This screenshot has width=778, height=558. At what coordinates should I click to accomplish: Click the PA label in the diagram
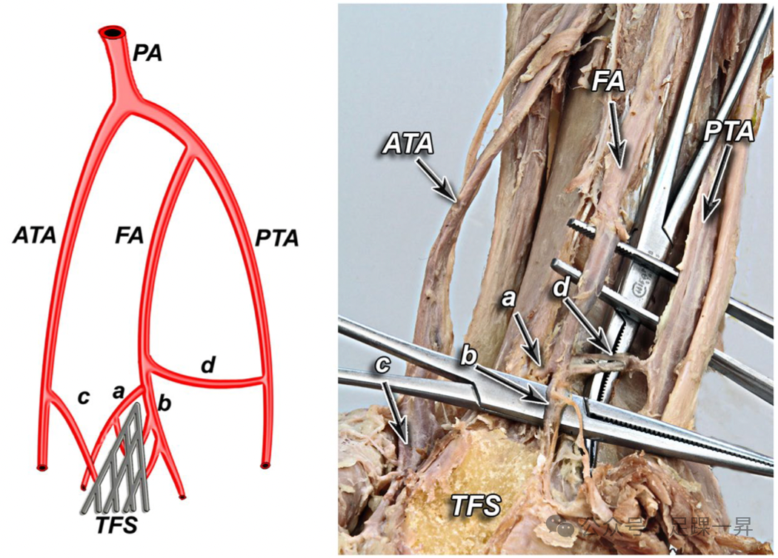(x=147, y=54)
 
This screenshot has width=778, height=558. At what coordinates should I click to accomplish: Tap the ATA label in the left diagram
(x=34, y=237)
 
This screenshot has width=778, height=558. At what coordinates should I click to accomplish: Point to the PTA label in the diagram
(x=276, y=238)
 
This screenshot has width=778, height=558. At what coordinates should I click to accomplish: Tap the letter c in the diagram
(x=83, y=397)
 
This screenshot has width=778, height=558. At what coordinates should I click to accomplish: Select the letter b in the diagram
(x=165, y=403)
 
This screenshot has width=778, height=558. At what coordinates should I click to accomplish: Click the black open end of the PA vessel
(x=113, y=33)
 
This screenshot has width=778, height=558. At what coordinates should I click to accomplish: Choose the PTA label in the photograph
(x=729, y=132)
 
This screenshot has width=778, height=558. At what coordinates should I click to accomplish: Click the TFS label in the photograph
(x=476, y=506)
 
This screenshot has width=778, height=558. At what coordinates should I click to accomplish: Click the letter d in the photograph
(x=565, y=288)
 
